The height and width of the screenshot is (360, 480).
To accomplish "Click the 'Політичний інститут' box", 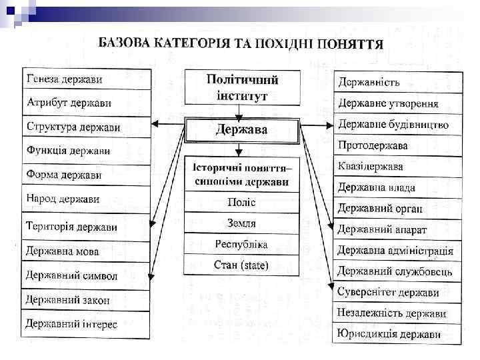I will pyautogui.click(x=241, y=87).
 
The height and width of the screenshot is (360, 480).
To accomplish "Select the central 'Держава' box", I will pyautogui.click(x=241, y=129).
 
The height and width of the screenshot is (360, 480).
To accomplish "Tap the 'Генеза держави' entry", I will pyautogui.click(x=65, y=79).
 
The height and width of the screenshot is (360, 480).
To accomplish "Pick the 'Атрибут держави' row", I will pyautogui.click(x=69, y=103).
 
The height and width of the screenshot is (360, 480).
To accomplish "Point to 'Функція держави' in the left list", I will pyautogui.click(x=69, y=151).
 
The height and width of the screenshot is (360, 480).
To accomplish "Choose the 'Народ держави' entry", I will pyautogui.click(x=63, y=199).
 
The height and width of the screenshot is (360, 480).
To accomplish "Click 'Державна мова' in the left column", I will pyautogui.click(x=63, y=251).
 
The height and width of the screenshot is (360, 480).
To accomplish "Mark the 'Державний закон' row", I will pyautogui.click(x=68, y=300).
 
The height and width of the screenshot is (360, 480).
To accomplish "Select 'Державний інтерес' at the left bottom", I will pyautogui.click(x=72, y=325).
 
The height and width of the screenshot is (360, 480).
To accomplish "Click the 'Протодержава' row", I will pyautogui.click(x=373, y=145).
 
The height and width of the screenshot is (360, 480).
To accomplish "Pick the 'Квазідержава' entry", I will pyautogui.click(x=371, y=166).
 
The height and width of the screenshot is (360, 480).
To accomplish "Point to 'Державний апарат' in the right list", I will pyautogui.click(x=382, y=229).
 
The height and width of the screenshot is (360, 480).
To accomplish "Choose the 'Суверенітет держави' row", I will pyautogui.click(x=388, y=292).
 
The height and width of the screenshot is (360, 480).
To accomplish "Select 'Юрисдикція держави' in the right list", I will pyautogui.click(x=389, y=334).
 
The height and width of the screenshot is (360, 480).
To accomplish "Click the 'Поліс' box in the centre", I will pyautogui.click(x=241, y=202).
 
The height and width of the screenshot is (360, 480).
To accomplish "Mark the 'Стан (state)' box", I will pyautogui.click(x=241, y=265).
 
